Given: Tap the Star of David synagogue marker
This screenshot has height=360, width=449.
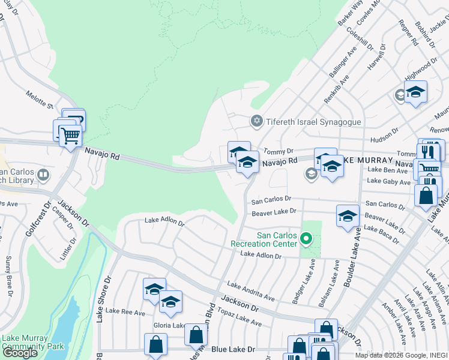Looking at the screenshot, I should point(257,122).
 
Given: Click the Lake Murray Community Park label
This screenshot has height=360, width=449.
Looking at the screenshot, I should point(32,343).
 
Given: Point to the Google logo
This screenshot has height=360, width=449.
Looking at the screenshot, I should point(20,353).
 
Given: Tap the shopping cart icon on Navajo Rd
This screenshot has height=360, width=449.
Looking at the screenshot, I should point(70,137).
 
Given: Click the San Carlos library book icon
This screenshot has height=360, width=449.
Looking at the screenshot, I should point(43,175).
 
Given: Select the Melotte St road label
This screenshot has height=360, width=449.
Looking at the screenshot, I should point(40,99).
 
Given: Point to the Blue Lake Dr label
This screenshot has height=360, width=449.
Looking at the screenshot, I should point(234,349).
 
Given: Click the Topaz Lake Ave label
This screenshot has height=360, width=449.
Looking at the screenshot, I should point(240,319).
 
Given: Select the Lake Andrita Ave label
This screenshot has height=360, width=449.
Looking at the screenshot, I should point(250,291).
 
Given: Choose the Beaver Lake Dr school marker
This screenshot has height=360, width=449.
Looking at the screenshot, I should point(348,217).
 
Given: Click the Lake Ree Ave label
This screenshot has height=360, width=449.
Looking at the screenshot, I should point(125,312).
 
